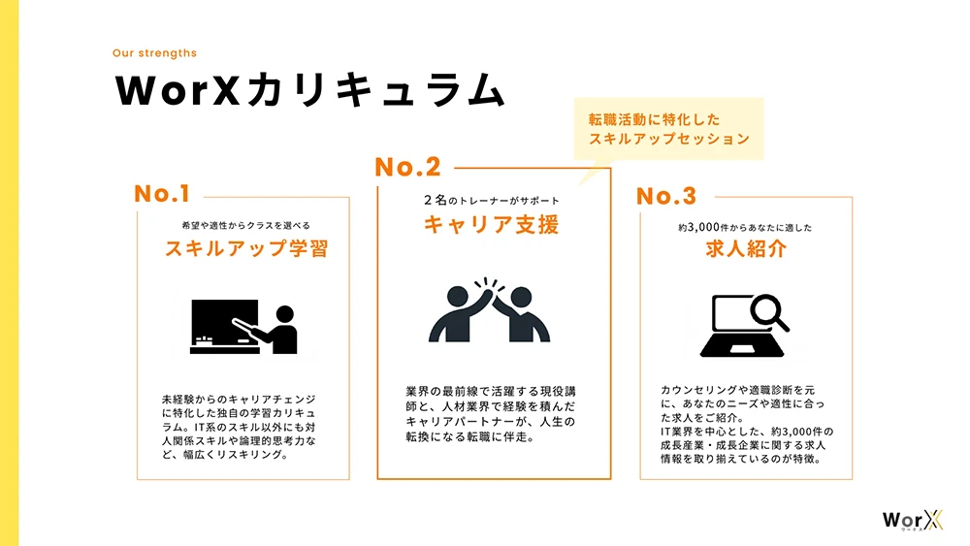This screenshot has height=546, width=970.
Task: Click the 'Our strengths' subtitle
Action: (x=154, y=53)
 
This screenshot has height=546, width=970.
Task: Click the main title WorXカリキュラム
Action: (x=310, y=90)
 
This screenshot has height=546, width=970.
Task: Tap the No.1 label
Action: (x=162, y=194)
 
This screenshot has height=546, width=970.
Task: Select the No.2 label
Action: (x=407, y=167)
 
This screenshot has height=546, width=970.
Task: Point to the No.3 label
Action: (x=666, y=196)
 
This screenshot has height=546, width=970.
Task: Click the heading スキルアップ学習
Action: (x=246, y=248)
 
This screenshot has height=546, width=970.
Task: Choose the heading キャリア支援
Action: (x=492, y=224)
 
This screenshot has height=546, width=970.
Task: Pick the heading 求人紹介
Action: (x=746, y=248)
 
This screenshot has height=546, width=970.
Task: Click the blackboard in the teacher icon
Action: (x=224, y=322)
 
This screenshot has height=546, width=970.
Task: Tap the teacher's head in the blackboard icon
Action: (x=285, y=314)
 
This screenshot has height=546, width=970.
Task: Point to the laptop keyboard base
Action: (x=742, y=349)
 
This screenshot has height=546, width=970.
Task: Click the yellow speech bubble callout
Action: (x=668, y=129)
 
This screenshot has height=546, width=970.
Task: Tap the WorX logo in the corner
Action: (x=913, y=520)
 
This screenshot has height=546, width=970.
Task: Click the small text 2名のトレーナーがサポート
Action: (x=492, y=201)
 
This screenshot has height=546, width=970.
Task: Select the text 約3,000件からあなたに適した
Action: (x=745, y=228)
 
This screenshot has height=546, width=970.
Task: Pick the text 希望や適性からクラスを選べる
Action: (x=246, y=225)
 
